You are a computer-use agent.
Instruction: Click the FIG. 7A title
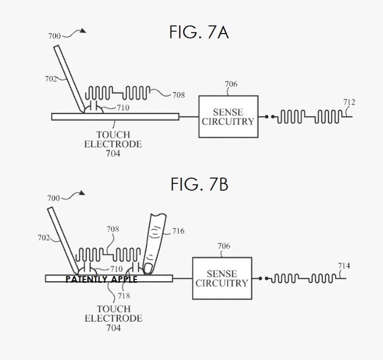(199, 33)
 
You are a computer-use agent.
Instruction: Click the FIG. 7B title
(199, 185)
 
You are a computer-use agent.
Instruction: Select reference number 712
(349, 102)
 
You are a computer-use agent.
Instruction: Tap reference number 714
(344, 266)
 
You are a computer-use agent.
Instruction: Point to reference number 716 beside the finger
(178, 231)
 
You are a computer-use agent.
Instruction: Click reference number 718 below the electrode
(124, 296)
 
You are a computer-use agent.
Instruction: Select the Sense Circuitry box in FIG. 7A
(228, 117)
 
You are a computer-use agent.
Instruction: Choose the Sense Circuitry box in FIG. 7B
(222, 278)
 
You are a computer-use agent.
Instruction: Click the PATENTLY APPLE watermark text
(101, 279)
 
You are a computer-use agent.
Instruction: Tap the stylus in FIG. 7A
(69, 78)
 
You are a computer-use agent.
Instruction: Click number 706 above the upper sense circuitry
(231, 84)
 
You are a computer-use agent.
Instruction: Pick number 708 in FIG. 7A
(178, 95)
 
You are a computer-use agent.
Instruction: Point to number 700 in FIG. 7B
(53, 198)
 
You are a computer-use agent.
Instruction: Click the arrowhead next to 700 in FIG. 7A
(83, 31)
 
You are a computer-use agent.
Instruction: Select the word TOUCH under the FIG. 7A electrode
(113, 135)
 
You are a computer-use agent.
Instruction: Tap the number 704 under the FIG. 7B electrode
(113, 327)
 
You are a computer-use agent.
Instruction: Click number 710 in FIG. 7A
(123, 108)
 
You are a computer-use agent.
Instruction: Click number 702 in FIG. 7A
(50, 79)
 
